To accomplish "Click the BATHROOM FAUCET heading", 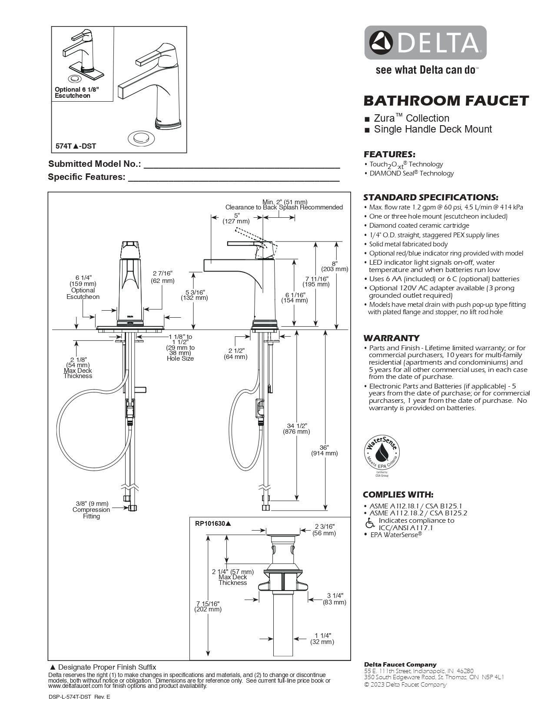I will point(446,100).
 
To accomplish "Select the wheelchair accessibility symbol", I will point(370,523).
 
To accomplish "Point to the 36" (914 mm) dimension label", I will point(324,450).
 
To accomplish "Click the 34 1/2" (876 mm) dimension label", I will point(296,428).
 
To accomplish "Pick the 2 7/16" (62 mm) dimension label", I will point(163,277).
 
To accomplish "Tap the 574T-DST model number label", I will point(76,146).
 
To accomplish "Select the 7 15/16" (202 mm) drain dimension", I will point(208,606).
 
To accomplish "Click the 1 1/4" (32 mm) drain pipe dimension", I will point(322,638).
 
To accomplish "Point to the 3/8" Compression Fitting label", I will point(91,510).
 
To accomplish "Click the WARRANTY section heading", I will point(391,338).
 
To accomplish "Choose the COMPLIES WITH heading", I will point(398,495).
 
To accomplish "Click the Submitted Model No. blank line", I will point(242,164).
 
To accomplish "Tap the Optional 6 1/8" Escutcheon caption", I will point(76,92).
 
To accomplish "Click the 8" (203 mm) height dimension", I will point(334,266).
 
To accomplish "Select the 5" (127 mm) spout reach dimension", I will point(236,218).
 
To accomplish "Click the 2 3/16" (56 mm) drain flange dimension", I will point(324,530).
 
